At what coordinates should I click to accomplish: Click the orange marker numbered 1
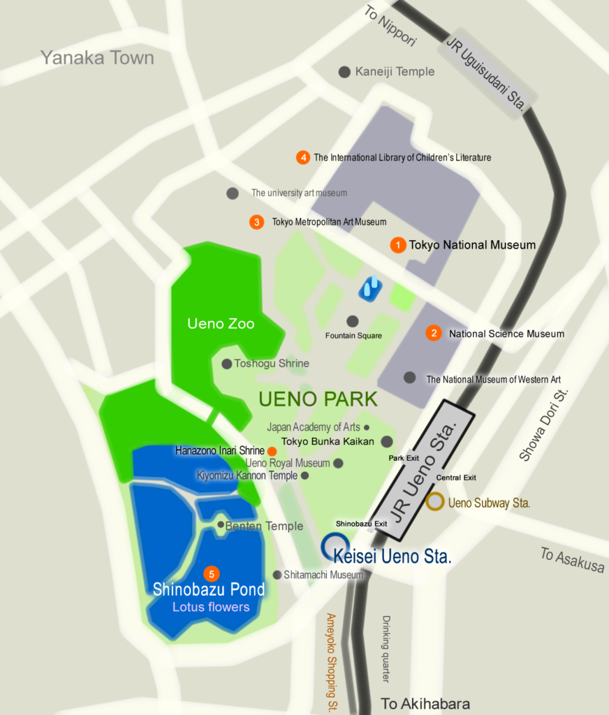tap(398, 245)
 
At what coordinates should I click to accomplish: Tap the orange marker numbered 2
tap(434, 334)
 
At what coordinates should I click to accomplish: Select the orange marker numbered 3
tap(257, 222)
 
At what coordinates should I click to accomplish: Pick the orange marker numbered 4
tap(302, 157)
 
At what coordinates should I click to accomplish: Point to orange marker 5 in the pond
tap(211, 573)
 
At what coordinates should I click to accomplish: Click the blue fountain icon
tap(370, 288)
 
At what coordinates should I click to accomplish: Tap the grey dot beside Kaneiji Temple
tap(344, 72)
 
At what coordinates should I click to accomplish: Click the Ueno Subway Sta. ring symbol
tap(435, 501)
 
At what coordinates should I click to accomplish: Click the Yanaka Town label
tap(97, 57)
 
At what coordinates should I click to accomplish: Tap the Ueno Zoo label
tap(221, 324)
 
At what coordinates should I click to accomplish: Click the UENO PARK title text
tap(318, 399)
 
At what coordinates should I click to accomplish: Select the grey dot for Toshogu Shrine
tap(226, 364)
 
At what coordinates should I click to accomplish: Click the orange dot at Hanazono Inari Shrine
tap(272, 451)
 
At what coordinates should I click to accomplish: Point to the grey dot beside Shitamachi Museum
tap(277, 575)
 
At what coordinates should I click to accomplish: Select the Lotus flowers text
tap(211, 607)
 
